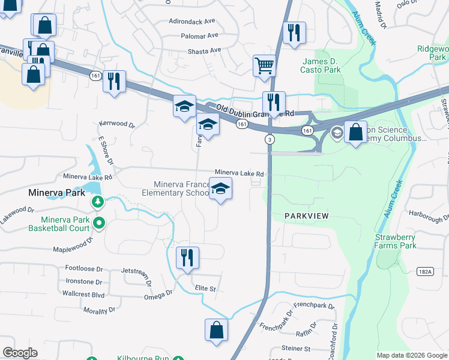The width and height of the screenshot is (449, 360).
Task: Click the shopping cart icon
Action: [264, 65]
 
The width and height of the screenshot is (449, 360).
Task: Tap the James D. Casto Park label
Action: [321, 65]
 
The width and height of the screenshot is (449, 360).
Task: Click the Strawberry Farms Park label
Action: [396, 241]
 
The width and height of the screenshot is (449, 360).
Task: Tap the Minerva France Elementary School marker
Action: [221, 189]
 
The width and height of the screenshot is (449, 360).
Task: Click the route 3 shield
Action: [268, 139]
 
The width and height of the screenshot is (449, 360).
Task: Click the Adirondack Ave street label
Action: [193, 20]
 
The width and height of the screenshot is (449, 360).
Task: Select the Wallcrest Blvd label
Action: [83, 295]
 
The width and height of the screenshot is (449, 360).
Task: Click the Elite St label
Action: [205, 289]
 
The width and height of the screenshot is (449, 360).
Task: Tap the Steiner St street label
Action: [296, 349]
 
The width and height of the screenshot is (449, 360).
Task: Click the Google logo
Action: [20, 353]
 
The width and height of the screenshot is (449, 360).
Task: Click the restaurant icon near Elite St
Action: [187, 257]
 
